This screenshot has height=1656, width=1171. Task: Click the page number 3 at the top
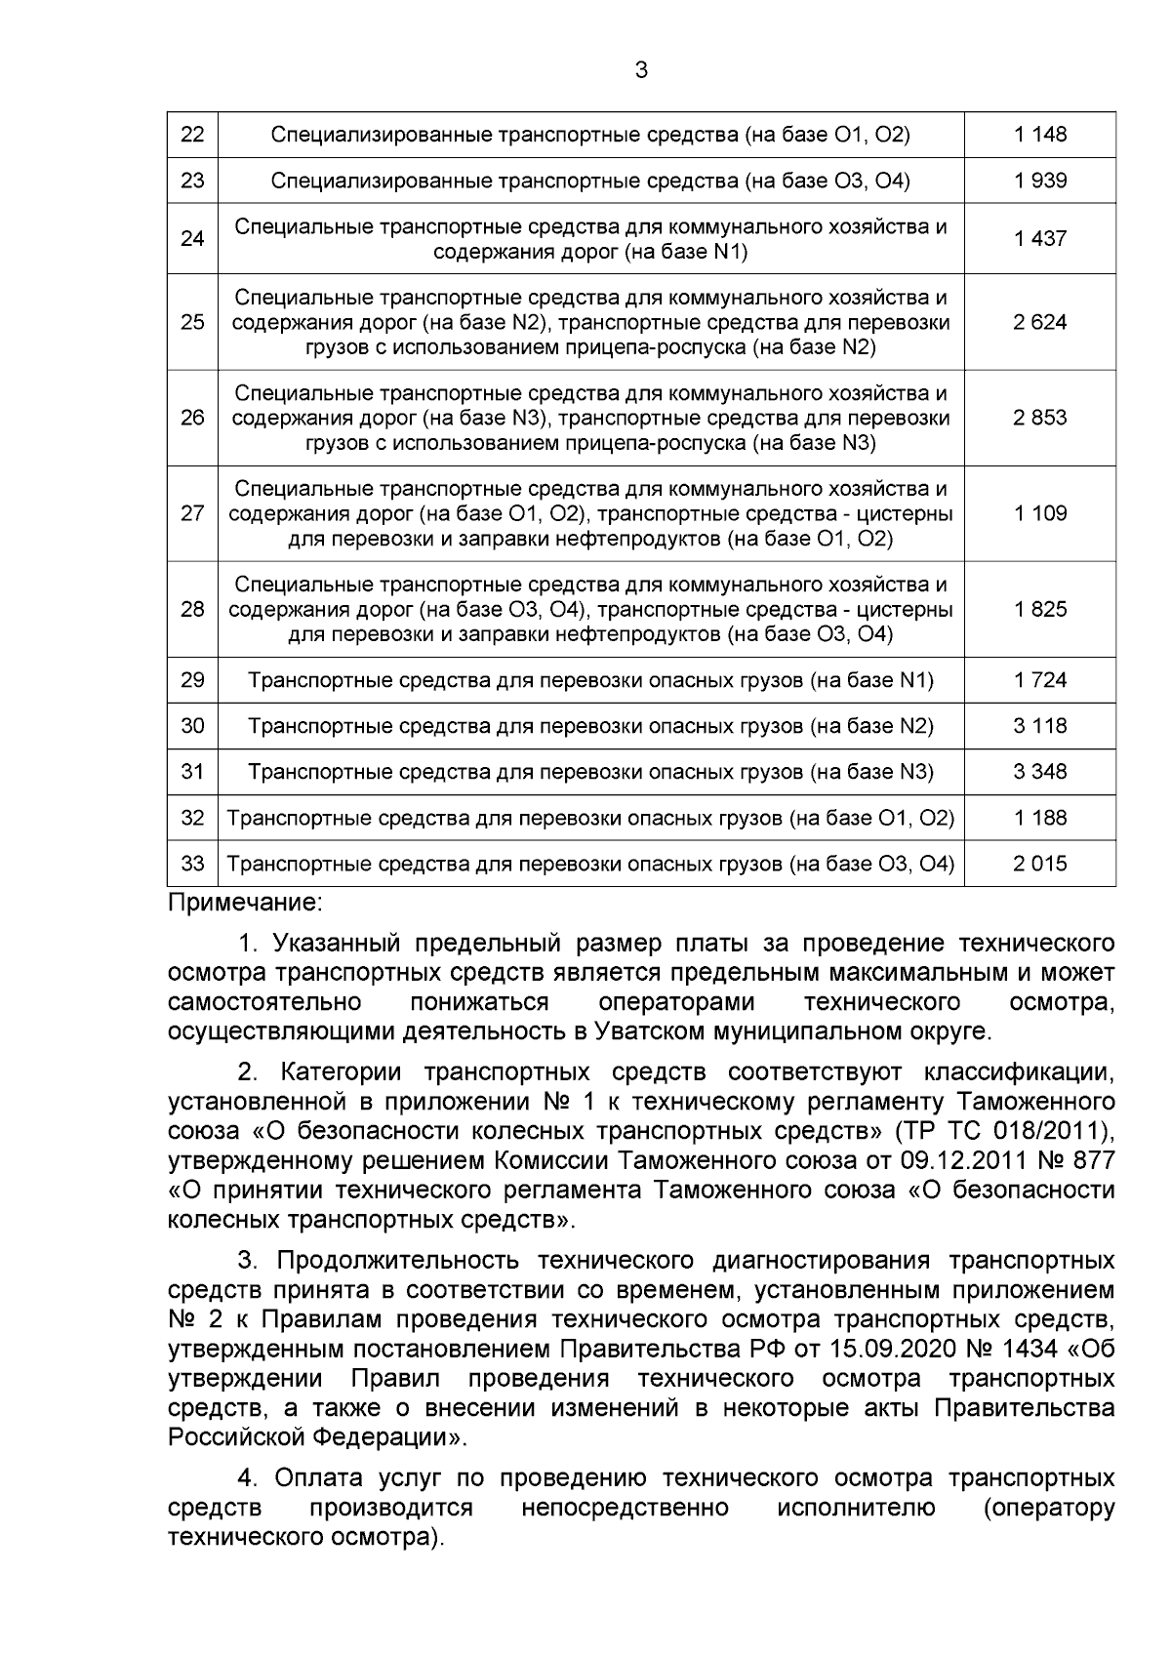(x=641, y=70)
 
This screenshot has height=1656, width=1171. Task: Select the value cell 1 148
(x=1040, y=135)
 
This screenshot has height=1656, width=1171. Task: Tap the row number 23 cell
(x=192, y=181)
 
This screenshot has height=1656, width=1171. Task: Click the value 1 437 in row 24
(x=1040, y=239)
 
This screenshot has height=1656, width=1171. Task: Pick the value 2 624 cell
(x=1040, y=322)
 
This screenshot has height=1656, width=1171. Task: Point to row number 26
(x=192, y=418)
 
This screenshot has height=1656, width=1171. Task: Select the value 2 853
(x=1040, y=418)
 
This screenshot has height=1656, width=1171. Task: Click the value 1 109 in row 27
(x=1040, y=513)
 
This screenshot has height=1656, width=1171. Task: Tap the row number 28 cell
(x=192, y=609)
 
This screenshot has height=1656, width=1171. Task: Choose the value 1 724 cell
(x=1040, y=680)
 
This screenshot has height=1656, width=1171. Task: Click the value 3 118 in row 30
(x=1040, y=726)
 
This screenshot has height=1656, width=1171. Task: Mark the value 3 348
(x=1040, y=772)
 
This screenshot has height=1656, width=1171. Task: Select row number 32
(x=192, y=818)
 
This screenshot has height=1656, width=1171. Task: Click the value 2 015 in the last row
(x=1040, y=864)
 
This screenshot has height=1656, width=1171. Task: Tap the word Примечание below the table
(x=244, y=903)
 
